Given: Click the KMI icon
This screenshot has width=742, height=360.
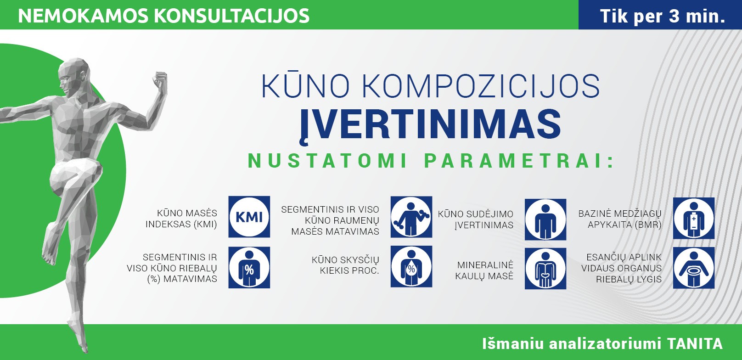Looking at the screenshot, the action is pyautogui.click(x=249, y=217).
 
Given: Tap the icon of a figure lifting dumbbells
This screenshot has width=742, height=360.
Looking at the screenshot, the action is pyautogui.click(x=411, y=217).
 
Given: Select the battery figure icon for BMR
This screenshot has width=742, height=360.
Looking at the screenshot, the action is pyautogui.click(x=694, y=218).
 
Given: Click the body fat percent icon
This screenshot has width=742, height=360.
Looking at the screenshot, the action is pyautogui.click(x=249, y=267).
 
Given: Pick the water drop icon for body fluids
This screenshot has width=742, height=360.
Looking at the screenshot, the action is pyautogui.click(x=411, y=266).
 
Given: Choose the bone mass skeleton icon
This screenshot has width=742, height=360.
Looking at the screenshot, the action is pyautogui.click(x=545, y=269).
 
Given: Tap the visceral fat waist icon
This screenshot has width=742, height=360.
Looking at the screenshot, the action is pyautogui.click(x=694, y=268).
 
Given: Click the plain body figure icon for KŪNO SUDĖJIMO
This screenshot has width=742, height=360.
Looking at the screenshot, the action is pyautogui.click(x=545, y=219).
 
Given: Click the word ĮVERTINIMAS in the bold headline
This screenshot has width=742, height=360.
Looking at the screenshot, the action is pyautogui.click(x=430, y=126).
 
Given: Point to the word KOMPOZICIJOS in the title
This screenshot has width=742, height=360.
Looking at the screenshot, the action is pyautogui.click(x=481, y=86).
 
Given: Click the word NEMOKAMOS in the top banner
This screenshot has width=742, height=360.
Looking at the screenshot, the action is pyautogui.click(x=83, y=16).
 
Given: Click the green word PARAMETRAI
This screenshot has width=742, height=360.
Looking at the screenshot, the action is pyautogui.click(x=519, y=161).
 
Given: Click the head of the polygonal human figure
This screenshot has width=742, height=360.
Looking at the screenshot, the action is pyautogui.click(x=73, y=76).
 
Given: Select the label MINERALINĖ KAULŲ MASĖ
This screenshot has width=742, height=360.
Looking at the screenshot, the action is pyautogui.click(x=484, y=270).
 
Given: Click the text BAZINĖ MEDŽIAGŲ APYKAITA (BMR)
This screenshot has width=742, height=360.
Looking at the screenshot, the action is pyautogui.click(x=620, y=219).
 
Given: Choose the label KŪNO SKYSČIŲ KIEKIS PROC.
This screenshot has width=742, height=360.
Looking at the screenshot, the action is pyautogui.click(x=345, y=265).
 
